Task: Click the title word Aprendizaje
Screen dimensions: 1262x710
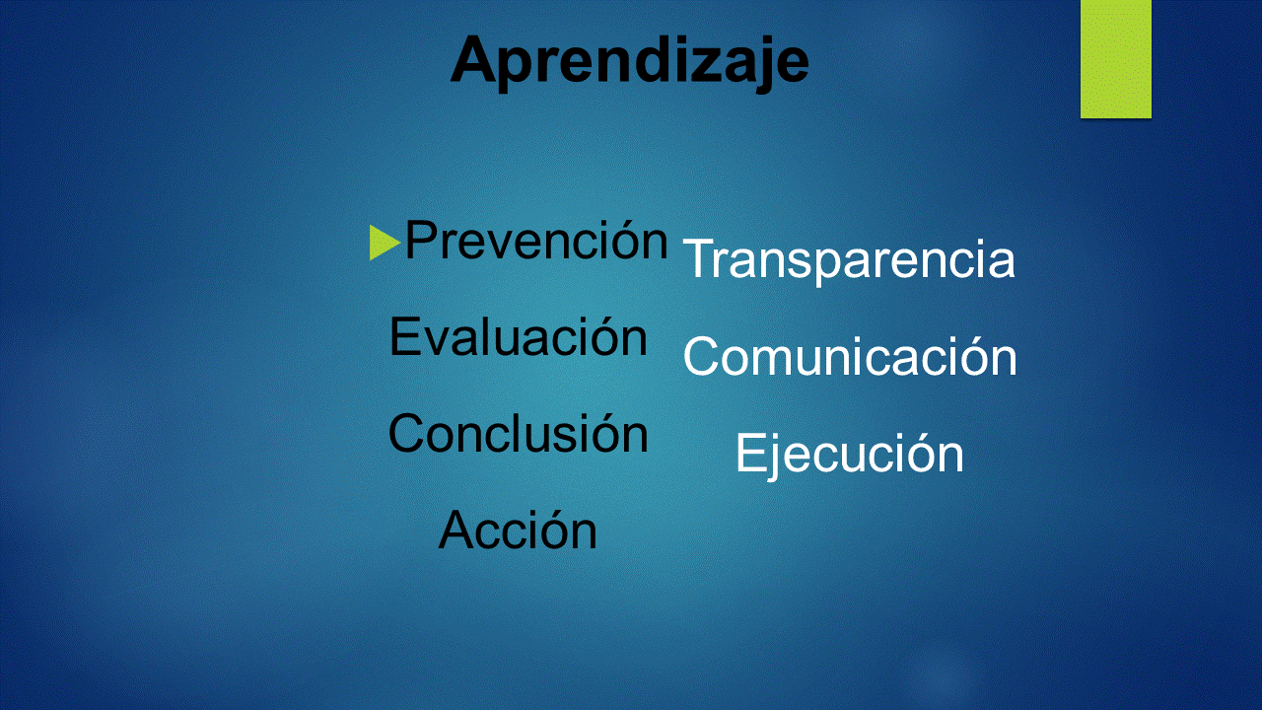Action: [630, 61]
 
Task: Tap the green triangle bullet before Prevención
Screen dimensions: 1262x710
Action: [385, 243]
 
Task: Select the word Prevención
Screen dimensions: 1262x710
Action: [536, 241]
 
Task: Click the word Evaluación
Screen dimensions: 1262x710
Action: [519, 336]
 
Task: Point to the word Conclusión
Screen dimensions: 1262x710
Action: [519, 433]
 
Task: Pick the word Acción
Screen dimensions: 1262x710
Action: [518, 530]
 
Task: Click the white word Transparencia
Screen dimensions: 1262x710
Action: [849, 259]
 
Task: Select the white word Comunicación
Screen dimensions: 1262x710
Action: [850, 356]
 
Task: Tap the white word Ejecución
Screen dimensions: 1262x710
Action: [850, 454]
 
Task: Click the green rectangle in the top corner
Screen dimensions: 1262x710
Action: [1115, 59]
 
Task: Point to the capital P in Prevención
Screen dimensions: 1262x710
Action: [421, 240]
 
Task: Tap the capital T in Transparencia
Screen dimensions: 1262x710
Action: [700, 258]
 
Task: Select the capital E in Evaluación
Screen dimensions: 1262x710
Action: [405, 336]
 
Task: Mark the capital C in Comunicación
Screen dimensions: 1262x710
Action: [701, 356]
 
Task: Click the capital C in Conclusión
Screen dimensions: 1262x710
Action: [406, 433]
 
